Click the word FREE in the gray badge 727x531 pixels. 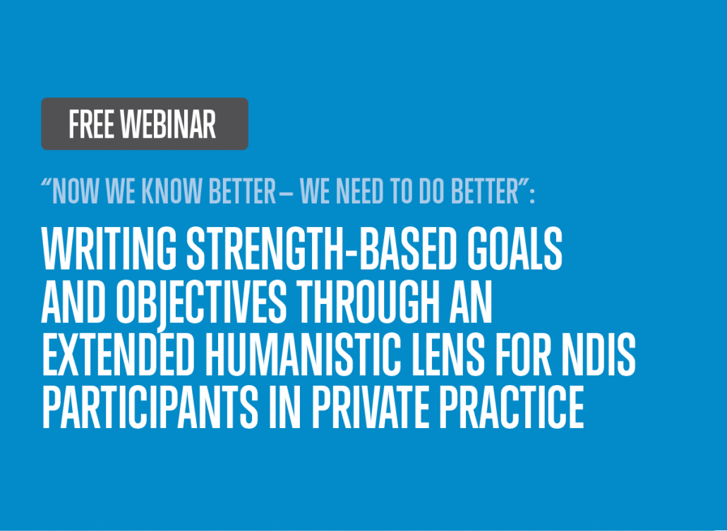tap(91, 124)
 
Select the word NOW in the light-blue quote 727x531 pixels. tap(76, 190)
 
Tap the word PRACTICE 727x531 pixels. tap(512, 408)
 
